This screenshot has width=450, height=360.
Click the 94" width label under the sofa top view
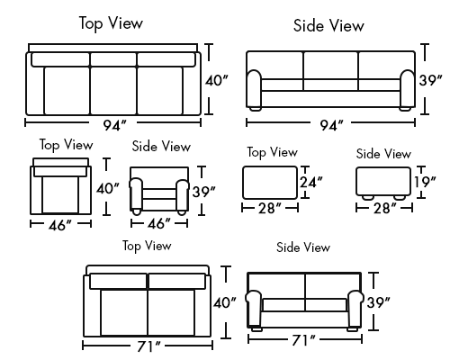114,125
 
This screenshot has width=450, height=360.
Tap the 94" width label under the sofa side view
331,125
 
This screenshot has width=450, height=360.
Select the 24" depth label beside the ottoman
311,182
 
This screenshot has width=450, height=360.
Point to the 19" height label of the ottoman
425,182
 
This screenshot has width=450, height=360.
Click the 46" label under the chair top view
60,225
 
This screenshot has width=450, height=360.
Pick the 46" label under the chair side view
159,223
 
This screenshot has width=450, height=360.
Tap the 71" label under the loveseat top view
148,346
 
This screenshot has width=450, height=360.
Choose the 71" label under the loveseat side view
303,340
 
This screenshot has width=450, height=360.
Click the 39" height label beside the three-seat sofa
430,80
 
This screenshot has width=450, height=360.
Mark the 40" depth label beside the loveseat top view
225,302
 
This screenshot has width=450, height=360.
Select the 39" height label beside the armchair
204,192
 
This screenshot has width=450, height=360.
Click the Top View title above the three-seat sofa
111,23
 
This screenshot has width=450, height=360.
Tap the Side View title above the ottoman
383,154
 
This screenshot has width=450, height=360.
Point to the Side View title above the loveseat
303,247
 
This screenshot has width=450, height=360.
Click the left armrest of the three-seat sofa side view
254,89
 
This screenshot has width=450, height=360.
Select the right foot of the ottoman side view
400,197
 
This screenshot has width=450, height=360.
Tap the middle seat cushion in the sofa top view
113,91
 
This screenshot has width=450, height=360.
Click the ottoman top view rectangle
270,183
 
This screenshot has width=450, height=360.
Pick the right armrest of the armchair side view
182,194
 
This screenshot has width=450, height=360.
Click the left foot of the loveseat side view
256,328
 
